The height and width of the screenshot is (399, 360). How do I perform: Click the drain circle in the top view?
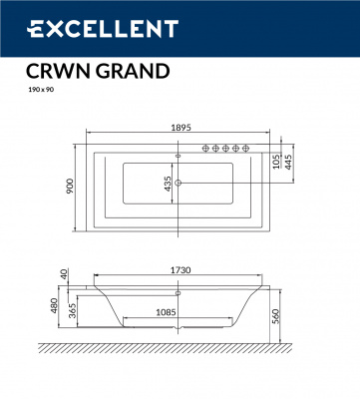179,183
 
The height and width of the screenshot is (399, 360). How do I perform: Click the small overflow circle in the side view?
179,293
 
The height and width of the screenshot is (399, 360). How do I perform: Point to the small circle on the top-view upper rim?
179,157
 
